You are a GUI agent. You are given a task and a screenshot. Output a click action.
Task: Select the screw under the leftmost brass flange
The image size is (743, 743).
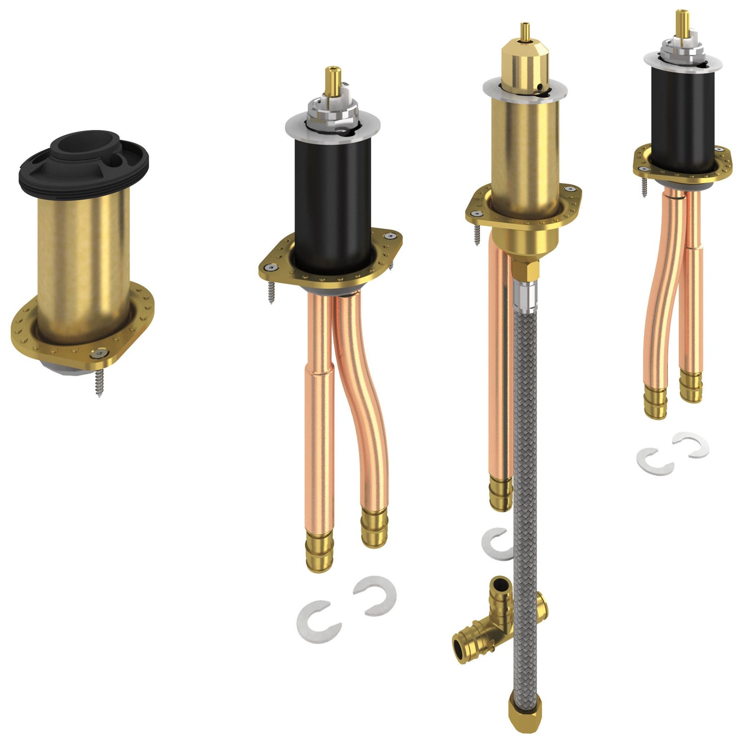tap(98, 383)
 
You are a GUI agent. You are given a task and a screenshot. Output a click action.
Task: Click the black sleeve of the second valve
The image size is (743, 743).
tap(332, 204)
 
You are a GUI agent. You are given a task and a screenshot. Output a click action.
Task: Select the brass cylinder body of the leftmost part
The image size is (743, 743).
tap(84, 260)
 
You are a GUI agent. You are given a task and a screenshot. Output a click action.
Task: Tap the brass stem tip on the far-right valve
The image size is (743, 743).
tap(682, 21)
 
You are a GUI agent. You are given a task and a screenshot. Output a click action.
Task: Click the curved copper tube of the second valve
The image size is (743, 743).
tap(367, 409)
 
